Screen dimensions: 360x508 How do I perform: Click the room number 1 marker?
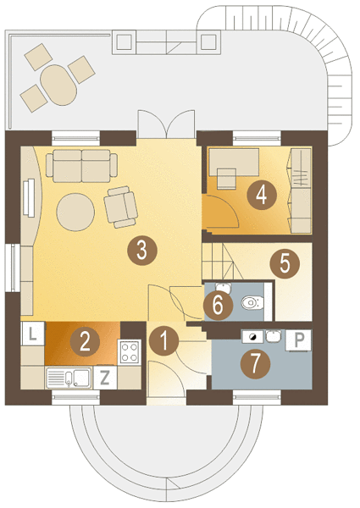pos(164,341)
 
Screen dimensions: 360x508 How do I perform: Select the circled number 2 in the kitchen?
pos(85,342)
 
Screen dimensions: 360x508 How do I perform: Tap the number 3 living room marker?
pos(142,251)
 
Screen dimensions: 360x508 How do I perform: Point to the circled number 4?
pos(262,195)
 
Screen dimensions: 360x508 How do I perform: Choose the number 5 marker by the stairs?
pos(285,263)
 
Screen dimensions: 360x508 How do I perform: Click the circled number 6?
pos(218,305)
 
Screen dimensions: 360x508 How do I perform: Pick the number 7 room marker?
pos(255,364)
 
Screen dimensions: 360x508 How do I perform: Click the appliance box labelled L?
pos(32,334)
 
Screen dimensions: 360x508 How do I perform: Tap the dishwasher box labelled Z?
pos(104,378)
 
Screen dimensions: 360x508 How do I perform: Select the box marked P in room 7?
pos(298,340)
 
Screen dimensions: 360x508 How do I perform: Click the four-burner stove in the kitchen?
pos(130,352)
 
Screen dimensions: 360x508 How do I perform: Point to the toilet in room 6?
pos(252,303)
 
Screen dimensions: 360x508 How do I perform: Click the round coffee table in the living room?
pos(75,213)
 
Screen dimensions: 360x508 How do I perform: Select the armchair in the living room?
pos(120,207)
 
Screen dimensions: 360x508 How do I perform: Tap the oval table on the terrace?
pos(58,85)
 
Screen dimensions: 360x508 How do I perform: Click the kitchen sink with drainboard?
pos(69,378)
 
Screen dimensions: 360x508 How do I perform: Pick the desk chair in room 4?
pos(226,179)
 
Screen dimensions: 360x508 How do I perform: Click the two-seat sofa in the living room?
pos(81,166)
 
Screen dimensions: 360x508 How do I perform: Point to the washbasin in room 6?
pos(224,288)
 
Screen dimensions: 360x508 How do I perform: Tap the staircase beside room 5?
pos(223,262)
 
